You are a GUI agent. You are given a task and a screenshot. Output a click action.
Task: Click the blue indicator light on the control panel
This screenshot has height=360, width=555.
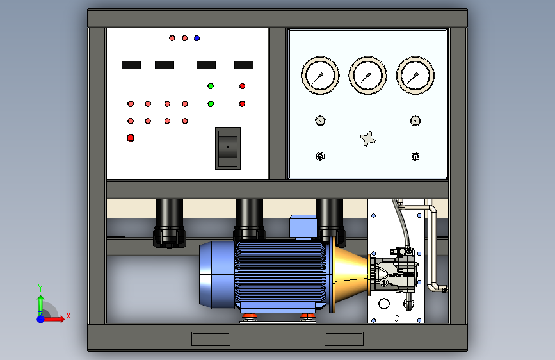point(197,38)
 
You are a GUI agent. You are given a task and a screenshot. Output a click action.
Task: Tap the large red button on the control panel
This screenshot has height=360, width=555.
point(131,138)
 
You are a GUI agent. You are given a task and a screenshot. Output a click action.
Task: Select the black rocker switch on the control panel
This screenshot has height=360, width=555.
point(228,149)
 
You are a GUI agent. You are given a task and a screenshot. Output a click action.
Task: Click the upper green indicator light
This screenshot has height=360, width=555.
point(211,86)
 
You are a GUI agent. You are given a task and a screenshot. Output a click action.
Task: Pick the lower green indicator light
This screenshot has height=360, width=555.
point(211,104)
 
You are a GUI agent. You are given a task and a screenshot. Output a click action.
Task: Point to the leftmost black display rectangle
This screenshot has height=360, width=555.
point(131,65)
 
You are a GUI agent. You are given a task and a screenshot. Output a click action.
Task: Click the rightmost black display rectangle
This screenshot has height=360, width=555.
point(244,65)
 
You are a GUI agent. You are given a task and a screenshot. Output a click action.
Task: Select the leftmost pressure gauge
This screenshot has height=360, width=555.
point(320,76)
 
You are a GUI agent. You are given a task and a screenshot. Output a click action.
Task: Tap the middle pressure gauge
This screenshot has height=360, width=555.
point(367,76)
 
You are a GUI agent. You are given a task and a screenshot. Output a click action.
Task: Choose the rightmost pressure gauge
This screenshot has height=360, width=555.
point(415,76)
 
